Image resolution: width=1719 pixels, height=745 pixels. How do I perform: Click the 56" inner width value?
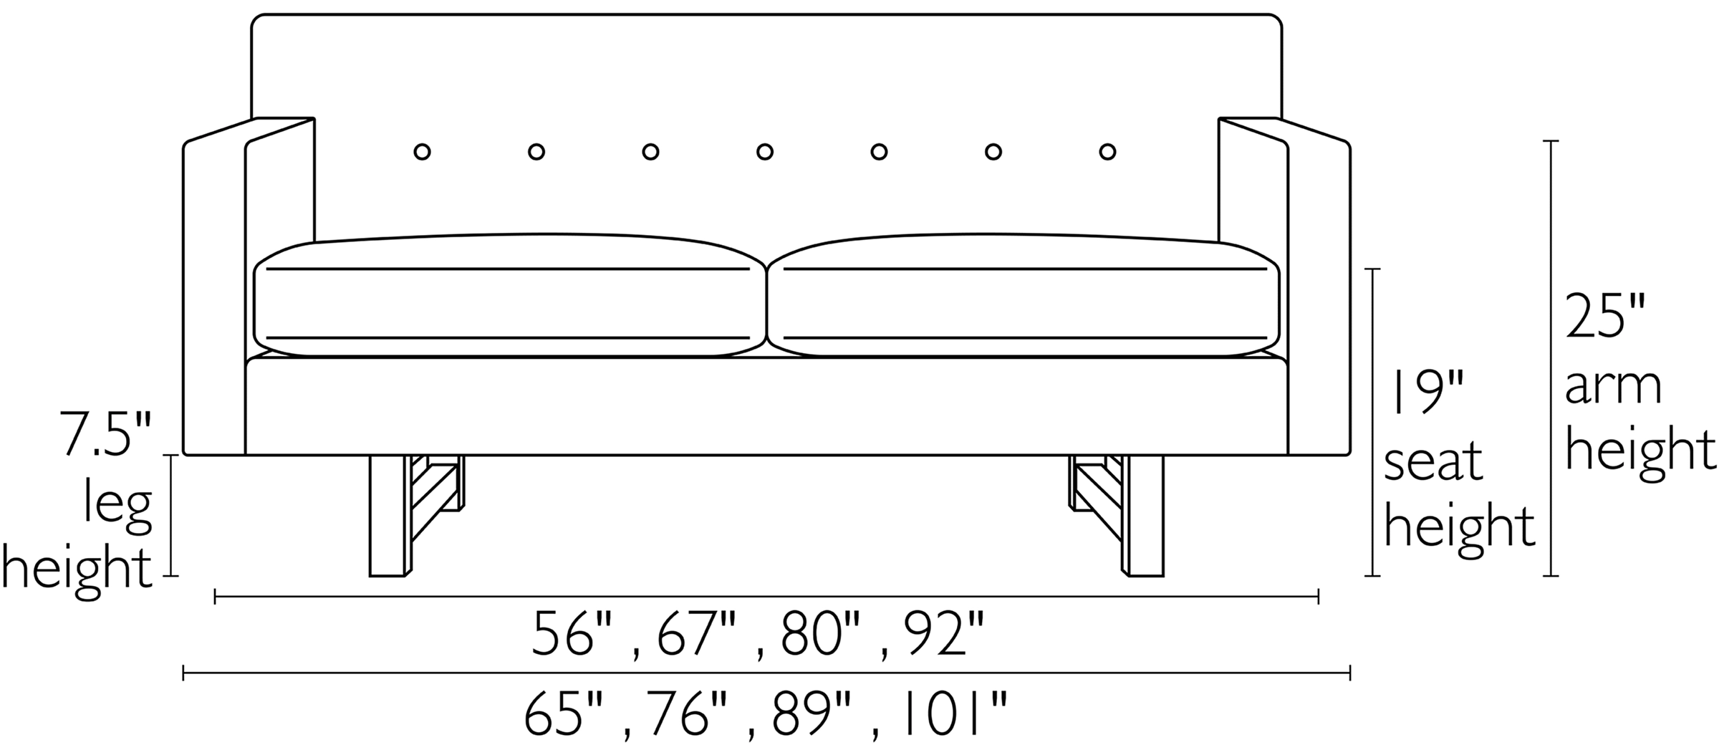(574, 634)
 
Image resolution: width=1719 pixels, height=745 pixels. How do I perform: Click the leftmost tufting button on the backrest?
(422, 152)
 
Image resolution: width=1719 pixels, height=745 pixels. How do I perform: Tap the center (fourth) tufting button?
(764, 152)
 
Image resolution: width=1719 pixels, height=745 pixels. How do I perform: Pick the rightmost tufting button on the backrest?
(1107, 152)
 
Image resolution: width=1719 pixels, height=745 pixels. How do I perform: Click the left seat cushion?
(509, 301)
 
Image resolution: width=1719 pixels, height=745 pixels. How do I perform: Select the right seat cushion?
(1024, 301)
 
